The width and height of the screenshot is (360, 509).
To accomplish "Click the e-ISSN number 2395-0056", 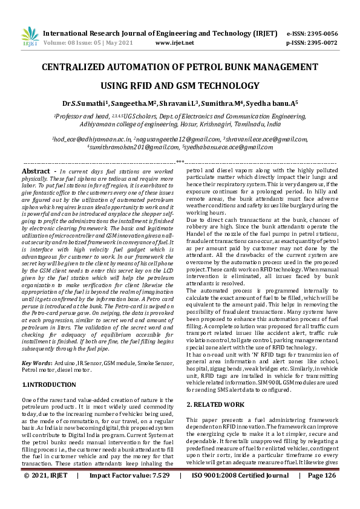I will pos(321,34).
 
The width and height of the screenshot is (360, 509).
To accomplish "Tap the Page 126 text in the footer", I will pos(321,493).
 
